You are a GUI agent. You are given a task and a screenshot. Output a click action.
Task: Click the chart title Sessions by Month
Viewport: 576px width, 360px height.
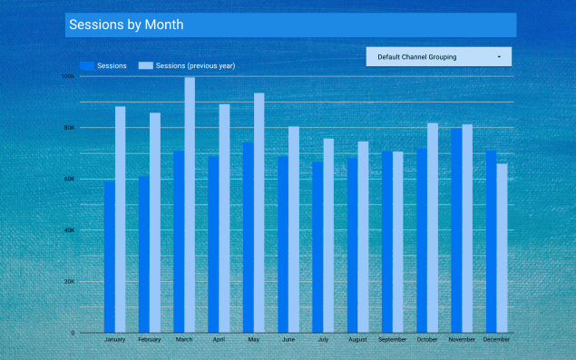coord(126,25)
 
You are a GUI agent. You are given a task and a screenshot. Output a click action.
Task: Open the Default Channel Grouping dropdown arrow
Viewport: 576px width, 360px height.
coord(499,57)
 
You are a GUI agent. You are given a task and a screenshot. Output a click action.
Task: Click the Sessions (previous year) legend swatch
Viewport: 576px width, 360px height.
coord(145,66)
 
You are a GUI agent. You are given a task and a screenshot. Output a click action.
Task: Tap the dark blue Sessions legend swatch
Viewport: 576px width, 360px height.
coord(87,66)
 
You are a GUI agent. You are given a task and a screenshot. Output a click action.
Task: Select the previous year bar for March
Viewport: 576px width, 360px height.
coord(190,205)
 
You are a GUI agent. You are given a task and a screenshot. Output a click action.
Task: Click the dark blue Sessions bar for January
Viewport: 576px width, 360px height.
coord(110,257)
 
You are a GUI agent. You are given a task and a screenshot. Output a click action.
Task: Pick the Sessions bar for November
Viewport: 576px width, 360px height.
coord(456,230)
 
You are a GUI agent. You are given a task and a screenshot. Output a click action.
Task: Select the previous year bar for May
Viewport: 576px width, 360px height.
coord(259,212)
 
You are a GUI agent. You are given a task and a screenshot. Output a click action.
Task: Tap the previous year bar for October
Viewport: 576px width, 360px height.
coord(433,228)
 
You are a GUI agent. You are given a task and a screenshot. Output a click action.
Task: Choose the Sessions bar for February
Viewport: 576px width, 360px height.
coord(144,254)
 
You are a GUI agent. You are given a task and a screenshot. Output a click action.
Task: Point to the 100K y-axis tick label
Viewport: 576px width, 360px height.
coord(68,76)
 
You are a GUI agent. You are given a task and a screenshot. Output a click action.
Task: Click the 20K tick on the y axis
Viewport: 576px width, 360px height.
coord(69,282)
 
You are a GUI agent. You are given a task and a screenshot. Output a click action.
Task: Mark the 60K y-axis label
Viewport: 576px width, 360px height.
coord(69,180)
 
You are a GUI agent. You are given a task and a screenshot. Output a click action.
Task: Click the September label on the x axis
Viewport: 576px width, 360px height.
coord(393,340)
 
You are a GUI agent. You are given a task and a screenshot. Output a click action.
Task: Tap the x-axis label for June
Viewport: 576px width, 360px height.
coord(288,340)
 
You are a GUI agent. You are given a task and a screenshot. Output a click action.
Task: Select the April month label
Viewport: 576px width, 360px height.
coord(219,340)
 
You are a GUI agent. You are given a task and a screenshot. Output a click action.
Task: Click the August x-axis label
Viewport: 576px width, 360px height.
coord(357,340)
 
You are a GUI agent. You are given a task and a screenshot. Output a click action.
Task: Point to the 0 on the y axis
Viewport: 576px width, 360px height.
coord(73,333)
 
